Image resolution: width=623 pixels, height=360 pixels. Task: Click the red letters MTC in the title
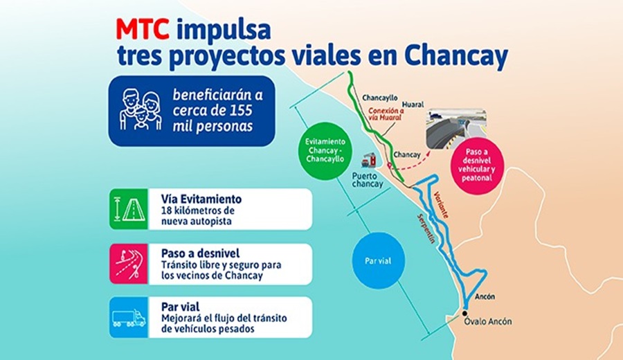143,30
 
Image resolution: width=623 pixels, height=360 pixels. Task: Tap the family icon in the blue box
141,110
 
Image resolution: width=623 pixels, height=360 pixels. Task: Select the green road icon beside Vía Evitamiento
129,209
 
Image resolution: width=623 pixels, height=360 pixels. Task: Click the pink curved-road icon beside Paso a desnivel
129,264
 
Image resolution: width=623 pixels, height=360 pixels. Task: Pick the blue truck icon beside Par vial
129,318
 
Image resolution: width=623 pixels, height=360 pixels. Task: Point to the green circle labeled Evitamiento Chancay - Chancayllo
325,151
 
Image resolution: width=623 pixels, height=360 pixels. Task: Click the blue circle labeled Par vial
378,261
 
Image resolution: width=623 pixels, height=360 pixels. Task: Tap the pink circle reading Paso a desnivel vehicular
477,165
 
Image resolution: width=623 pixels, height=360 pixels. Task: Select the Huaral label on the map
413,105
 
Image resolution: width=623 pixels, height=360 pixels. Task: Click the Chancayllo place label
379,98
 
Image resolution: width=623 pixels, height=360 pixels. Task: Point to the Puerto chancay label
368,180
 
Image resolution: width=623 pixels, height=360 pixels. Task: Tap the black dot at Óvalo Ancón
464,314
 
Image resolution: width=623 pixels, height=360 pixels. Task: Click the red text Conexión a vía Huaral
386,114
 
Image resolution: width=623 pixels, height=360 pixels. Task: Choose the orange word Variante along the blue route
441,205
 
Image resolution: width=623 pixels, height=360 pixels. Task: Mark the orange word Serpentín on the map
426,228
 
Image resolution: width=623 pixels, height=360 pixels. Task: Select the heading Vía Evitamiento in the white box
201,199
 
